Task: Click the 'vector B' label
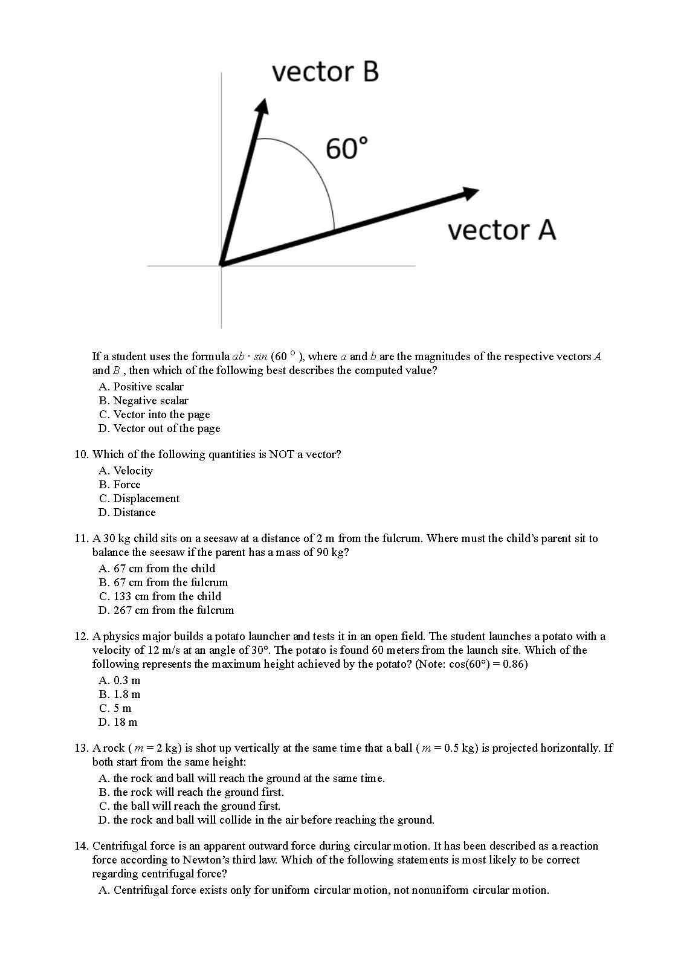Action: [x=325, y=71]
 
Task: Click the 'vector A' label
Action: [x=501, y=230]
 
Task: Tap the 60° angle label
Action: [x=346, y=149]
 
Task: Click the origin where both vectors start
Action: [x=222, y=265]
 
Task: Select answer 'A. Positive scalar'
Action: [x=141, y=387]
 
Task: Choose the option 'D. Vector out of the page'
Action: [x=160, y=428]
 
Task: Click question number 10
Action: [x=82, y=454]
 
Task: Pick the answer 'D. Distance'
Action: [x=127, y=512]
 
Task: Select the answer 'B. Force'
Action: [x=120, y=485]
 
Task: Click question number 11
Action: [x=82, y=538]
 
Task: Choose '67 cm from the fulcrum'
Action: [x=163, y=583]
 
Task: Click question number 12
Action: [x=82, y=636]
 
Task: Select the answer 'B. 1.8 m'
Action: [x=120, y=694]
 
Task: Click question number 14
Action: [x=82, y=846]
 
